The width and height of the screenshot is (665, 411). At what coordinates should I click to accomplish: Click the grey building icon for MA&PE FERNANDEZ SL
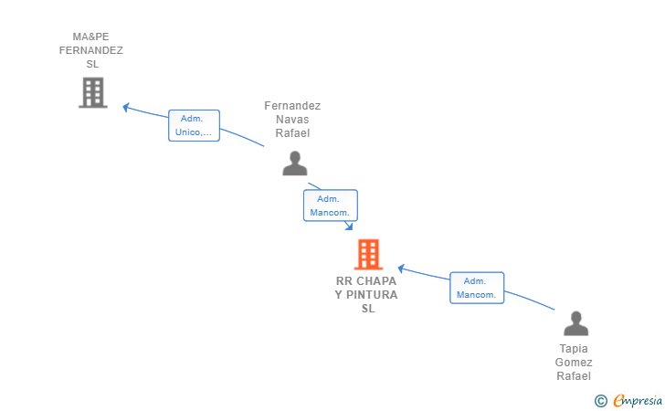click(93, 92)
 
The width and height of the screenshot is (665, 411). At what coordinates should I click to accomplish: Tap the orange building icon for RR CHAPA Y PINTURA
click(368, 255)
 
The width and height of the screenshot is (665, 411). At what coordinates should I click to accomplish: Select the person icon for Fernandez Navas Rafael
click(295, 163)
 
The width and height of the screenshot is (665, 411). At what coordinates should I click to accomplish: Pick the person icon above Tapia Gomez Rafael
click(575, 323)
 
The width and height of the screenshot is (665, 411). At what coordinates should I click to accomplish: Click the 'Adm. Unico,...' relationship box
click(194, 125)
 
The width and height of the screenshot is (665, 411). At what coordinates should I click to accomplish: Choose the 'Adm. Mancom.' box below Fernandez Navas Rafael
click(331, 205)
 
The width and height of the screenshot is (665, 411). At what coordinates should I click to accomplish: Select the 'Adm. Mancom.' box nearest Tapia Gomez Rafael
click(477, 288)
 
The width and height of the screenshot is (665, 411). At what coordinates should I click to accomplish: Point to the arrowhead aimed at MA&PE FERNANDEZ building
click(125, 107)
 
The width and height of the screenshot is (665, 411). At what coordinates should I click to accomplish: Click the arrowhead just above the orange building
click(349, 227)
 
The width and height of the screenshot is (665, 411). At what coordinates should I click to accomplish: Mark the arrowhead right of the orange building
click(401, 268)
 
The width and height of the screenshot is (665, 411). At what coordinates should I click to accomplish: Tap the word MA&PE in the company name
click(90, 37)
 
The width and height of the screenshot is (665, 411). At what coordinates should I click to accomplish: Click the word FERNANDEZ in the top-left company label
click(90, 50)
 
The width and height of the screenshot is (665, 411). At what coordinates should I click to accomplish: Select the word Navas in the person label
click(292, 120)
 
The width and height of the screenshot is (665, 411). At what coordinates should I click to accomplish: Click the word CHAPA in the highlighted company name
click(376, 280)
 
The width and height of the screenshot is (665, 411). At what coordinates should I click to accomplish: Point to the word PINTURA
click(372, 295)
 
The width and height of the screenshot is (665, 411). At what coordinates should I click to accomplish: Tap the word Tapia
click(574, 349)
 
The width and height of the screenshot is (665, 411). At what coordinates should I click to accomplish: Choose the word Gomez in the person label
click(574, 363)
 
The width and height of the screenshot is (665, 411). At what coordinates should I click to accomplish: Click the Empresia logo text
click(638, 400)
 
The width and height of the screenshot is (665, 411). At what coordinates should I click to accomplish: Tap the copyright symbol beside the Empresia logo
click(600, 401)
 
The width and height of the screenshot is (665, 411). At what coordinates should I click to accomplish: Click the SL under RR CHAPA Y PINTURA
click(368, 309)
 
